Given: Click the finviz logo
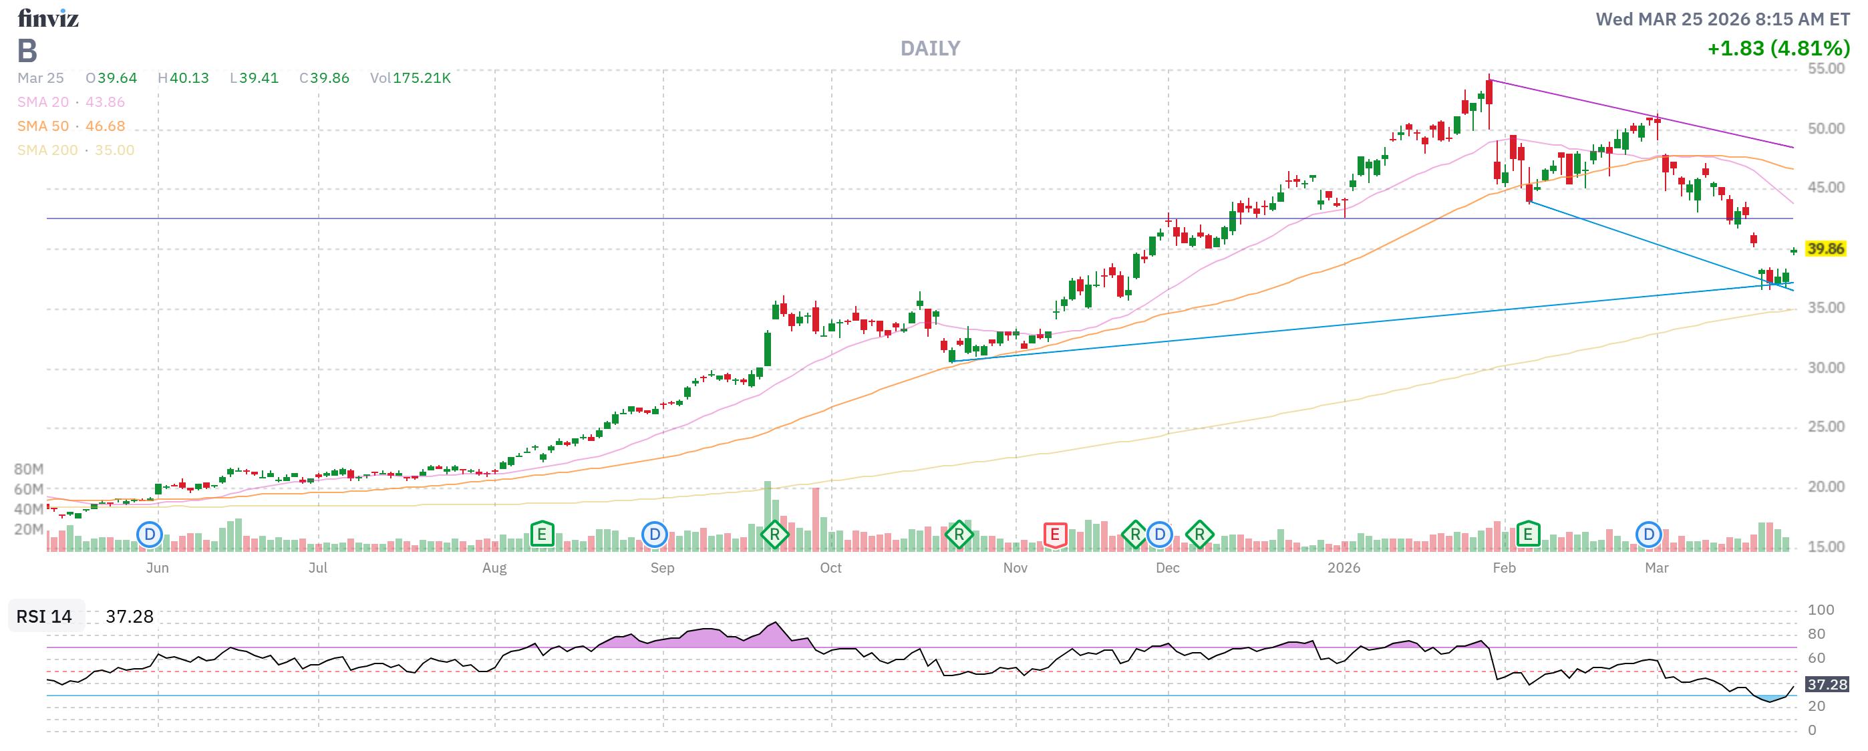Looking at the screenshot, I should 48,18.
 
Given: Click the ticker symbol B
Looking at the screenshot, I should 27,51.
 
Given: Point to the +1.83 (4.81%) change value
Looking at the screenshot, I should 1778,49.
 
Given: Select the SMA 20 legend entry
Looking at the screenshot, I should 70,102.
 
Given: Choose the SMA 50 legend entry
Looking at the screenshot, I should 70,126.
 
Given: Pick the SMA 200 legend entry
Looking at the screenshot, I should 75,150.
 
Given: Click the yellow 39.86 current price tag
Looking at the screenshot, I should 1825,249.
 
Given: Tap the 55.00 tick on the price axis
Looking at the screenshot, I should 1825,69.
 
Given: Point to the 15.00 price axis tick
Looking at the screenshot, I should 1825,547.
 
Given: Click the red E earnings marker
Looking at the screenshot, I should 1054,536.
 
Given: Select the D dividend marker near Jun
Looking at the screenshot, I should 150,536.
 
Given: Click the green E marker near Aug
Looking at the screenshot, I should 542,535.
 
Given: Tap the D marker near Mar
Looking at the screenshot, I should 1648,535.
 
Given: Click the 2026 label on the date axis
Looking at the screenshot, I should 1344,569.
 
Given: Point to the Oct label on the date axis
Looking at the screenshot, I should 830,569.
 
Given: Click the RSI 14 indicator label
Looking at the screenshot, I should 44,617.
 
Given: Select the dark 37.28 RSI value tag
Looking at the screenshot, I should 1826,685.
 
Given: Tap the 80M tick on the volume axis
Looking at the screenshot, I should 28,470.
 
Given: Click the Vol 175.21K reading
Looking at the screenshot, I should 410,78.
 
